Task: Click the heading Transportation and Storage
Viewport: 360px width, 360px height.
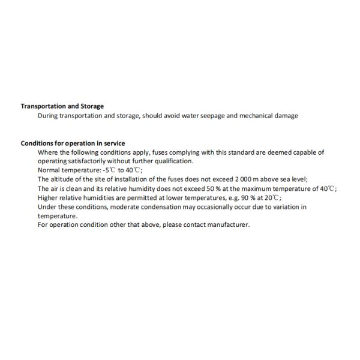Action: point(62,106)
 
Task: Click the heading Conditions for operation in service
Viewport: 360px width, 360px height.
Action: point(73,143)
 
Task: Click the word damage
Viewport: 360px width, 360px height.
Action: point(286,116)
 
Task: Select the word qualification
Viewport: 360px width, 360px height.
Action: point(174,161)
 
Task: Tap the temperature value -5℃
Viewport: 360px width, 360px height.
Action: point(109,170)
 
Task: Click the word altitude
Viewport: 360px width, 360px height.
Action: point(64,179)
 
